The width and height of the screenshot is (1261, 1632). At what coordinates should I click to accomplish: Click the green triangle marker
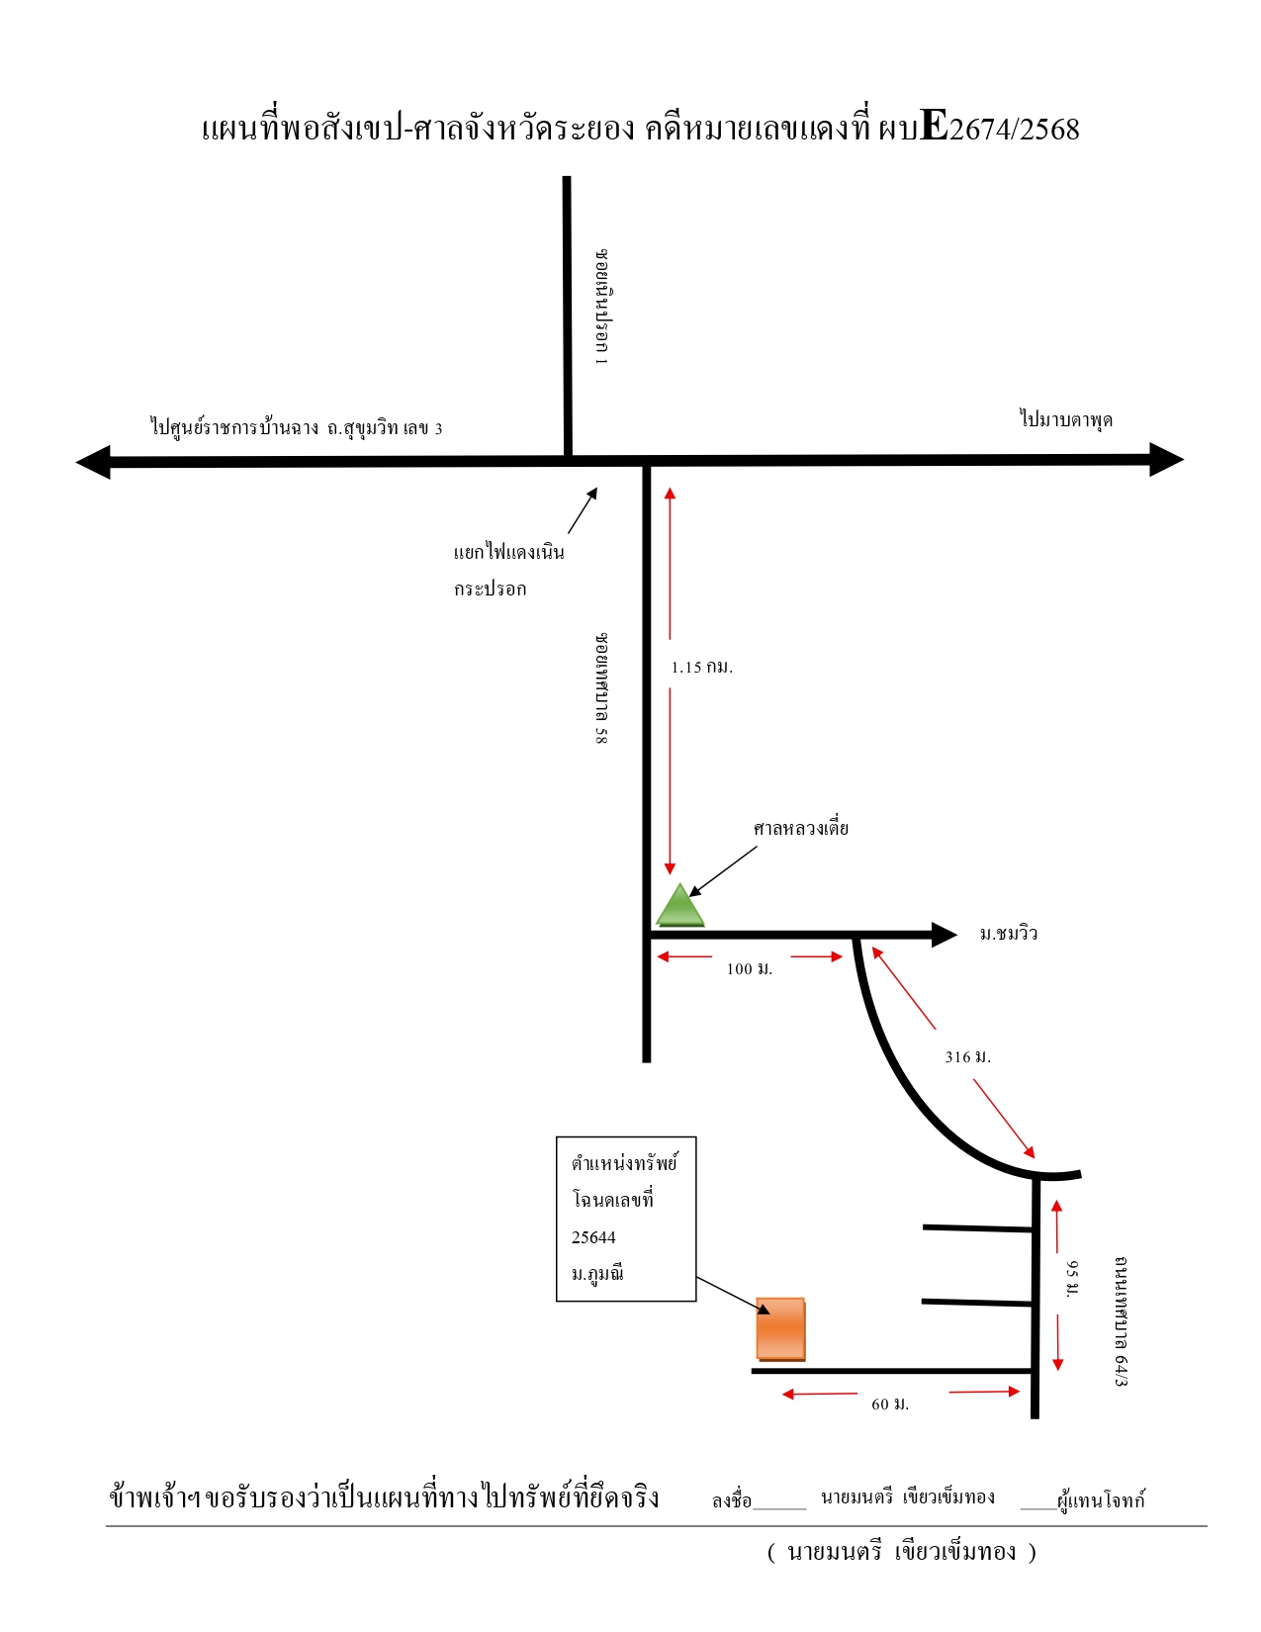pyautogui.click(x=679, y=906)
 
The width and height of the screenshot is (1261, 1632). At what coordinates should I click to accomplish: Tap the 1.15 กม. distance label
pyautogui.click(x=701, y=667)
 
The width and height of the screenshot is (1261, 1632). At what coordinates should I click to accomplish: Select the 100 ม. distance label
pyautogui.click(x=750, y=969)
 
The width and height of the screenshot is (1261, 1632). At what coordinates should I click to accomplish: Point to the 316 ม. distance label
pyautogui.click(x=968, y=1056)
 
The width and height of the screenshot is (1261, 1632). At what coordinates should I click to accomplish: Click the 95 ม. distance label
pyautogui.click(x=1072, y=1278)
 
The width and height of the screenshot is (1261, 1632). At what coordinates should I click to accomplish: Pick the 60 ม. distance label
pyautogui.click(x=890, y=1404)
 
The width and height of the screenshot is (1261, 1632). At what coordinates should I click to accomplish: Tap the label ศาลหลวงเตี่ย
pyautogui.click(x=800, y=829)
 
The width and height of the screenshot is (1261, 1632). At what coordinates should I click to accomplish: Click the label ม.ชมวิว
pyautogui.click(x=1009, y=934)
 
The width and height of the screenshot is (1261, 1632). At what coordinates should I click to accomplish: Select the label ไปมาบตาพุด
pyautogui.click(x=1066, y=419)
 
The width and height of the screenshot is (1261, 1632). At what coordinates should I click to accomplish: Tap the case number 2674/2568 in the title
pyautogui.click(x=1014, y=130)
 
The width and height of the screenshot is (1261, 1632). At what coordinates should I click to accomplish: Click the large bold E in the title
pyautogui.click(x=934, y=126)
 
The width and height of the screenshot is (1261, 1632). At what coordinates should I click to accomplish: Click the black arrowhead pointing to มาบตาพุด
pyautogui.click(x=1166, y=460)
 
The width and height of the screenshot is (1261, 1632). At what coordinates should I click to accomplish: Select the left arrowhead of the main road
pyautogui.click(x=93, y=462)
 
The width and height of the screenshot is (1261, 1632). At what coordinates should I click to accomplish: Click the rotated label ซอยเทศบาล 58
pyautogui.click(x=601, y=688)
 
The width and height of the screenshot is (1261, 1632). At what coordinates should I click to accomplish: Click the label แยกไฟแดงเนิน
pyautogui.click(x=508, y=552)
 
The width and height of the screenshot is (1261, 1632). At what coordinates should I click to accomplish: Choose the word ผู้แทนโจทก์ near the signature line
pyautogui.click(x=1101, y=1500)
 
